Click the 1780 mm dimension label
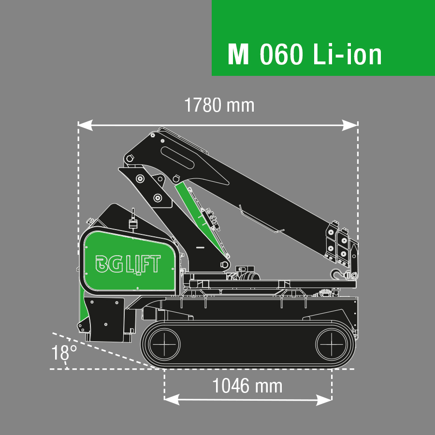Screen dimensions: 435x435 coord(219,105)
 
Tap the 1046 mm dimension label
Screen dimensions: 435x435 coord(247,386)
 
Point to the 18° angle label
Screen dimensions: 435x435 coord(64,353)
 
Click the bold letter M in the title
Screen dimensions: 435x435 coord(238,54)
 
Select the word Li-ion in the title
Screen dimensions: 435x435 coord(347,54)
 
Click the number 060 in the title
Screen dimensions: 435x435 coord(281,54)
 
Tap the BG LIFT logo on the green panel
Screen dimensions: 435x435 coord(128,264)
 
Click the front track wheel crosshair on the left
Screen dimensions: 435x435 coord(164,345)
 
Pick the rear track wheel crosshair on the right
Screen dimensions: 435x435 coord(332,345)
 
